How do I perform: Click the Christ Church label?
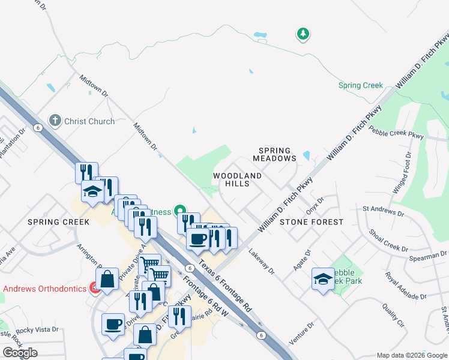tap(89, 121)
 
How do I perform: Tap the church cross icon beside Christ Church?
tap(55, 121)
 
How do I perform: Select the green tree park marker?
tap(304, 34)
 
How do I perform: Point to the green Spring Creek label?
tap(360, 85)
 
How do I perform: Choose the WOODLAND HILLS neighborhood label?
tap(238, 179)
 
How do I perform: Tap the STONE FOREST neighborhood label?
tap(312, 222)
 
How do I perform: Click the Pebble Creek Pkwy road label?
tap(396, 132)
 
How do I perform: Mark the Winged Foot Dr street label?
tap(402, 173)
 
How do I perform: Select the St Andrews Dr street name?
tap(384, 211)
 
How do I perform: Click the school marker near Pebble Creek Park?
tap(323, 279)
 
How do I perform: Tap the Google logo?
tap(20, 353)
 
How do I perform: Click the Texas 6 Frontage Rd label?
tap(225, 286)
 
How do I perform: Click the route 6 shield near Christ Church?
tap(37, 128)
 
